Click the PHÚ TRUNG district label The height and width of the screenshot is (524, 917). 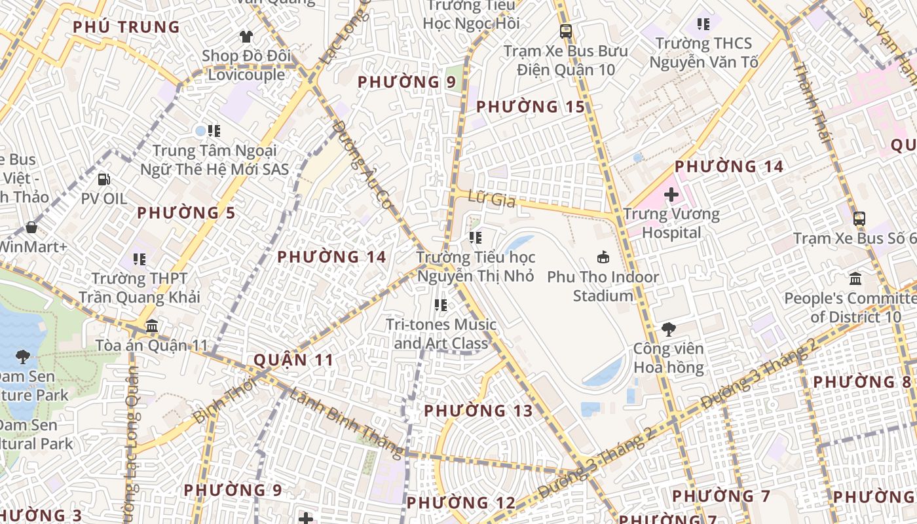point(126,28)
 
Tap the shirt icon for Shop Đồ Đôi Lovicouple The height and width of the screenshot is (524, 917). point(246,36)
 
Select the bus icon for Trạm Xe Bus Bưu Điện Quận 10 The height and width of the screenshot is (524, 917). point(566,31)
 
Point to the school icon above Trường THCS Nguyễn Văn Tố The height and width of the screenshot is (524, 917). point(703,24)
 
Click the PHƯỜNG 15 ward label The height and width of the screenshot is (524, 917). point(530,107)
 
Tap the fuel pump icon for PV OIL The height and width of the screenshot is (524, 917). point(103,179)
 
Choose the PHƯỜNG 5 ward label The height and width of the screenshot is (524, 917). point(177,213)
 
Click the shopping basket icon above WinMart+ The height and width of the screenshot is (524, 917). point(31,227)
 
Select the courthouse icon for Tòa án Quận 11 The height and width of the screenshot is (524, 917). point(152,326)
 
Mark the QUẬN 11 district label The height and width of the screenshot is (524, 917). point(293,360)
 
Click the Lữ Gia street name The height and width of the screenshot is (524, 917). point(493,199)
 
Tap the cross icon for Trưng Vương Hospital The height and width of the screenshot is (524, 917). point(671,195)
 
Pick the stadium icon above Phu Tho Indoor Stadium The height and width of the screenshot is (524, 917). point(603,257)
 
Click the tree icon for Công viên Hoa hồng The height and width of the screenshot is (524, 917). point(668,329)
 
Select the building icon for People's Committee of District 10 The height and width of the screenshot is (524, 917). point(855,279)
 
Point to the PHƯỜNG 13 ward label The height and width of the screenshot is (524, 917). point(478,411)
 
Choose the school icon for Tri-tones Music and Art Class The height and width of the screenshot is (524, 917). point(441,305)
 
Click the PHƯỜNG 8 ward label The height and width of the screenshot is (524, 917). point(862,382)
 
